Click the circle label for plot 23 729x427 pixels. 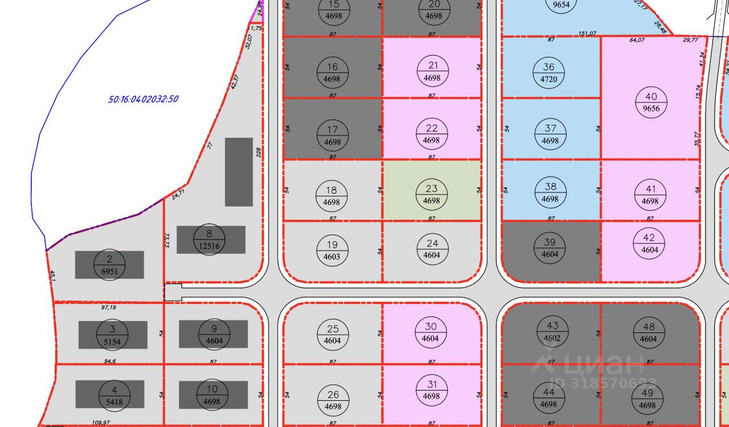pos(432,194)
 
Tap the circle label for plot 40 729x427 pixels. pos(651,103)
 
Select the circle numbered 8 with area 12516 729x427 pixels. pos(209,239)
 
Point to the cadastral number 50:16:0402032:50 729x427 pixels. pos(144,99)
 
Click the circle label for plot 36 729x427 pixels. pos(548,73)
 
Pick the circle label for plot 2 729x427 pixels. pos(109,265)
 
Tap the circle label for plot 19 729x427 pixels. pos(331,250)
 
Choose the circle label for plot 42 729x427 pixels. pos(649,244)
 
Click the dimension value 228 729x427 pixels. pos(259,153)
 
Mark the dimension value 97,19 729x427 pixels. pos(108,307)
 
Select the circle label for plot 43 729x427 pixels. pos(552,332)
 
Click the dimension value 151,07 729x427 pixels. pos(587,34)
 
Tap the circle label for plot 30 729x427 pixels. pos(431,332)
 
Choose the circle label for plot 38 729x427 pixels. pos(550,192)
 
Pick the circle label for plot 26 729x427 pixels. pos(333,400)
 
